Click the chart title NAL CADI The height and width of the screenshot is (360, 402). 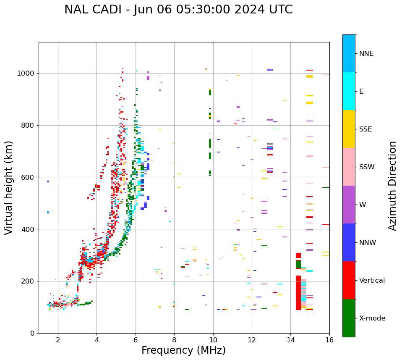178,10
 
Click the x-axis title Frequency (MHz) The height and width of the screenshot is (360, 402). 183,350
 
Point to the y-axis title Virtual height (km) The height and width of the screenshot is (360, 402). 9,187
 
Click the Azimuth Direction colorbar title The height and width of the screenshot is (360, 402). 392,186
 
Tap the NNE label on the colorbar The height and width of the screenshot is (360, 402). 366,54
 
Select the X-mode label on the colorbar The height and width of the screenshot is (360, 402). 372,318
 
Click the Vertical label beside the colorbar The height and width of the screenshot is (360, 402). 373,281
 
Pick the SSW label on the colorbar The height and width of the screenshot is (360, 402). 367,167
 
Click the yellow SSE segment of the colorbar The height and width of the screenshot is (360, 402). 349,129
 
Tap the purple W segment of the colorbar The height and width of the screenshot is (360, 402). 349,205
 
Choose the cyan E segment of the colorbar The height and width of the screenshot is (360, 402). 349,91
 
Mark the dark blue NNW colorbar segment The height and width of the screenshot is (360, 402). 349,242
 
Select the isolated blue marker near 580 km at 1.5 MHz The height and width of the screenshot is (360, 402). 48,181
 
